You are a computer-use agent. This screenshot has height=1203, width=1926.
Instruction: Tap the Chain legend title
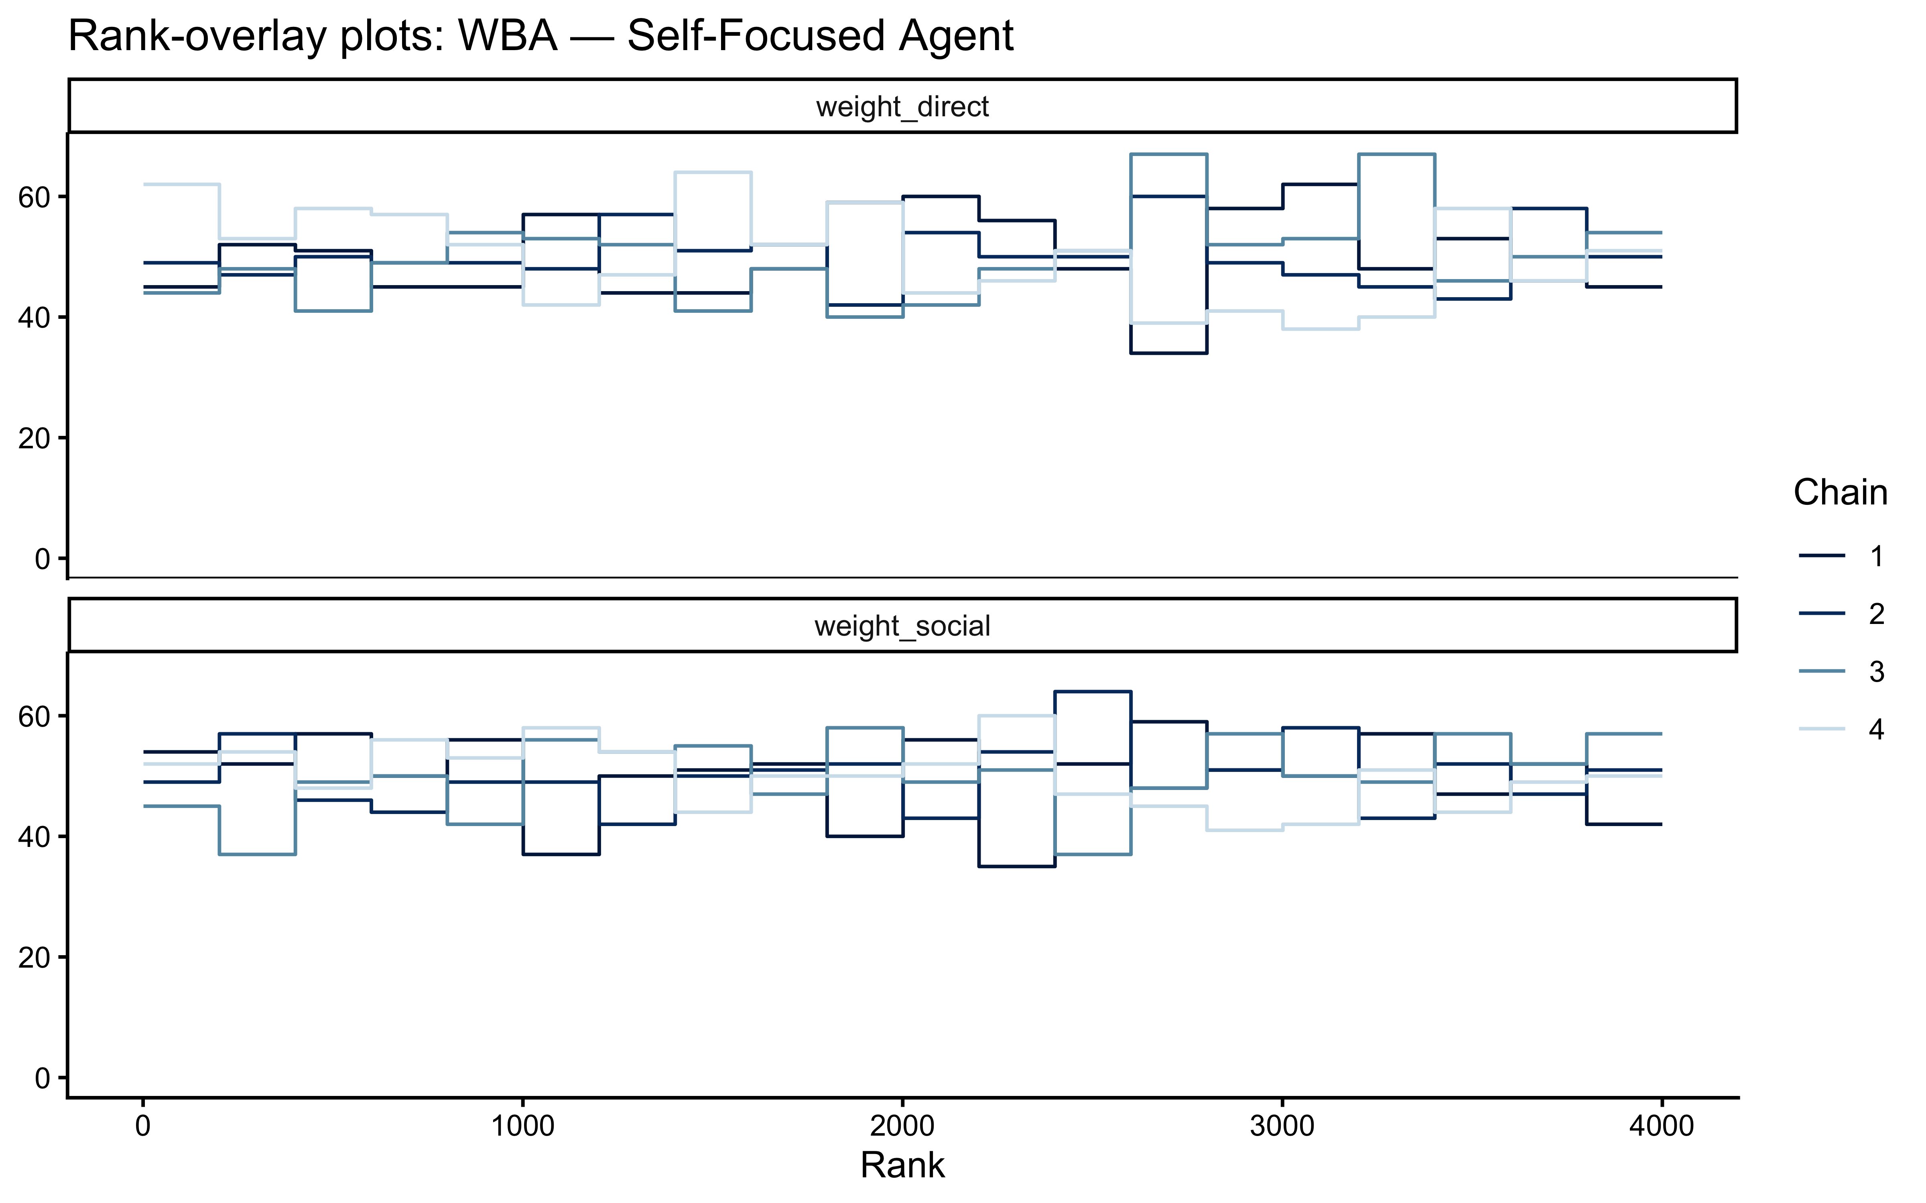coord(1840,492)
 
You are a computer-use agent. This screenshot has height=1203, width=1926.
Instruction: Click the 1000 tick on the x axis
coord(522,1127)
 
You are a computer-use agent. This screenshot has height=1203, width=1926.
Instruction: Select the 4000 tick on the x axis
coord(1661,1127)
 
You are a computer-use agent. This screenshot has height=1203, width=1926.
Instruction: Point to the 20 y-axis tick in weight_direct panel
coord(34,437)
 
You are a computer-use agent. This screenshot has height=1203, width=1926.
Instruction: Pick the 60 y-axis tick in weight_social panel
coord(34,716)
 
